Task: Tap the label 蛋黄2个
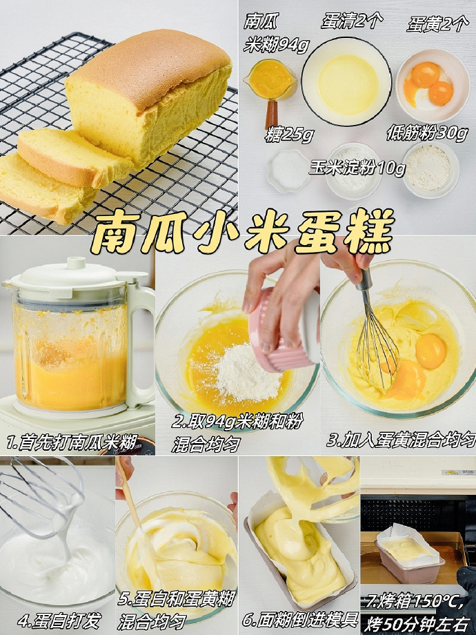point(437,24)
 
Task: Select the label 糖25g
point(289,135)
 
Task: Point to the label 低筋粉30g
point(428,133)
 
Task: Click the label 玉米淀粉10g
point(358,168)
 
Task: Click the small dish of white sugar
point(288,170)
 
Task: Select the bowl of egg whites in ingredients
point(346,81)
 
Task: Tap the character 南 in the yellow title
point(116,232)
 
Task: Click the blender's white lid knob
point(76,262)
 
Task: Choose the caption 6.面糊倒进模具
point(300,619)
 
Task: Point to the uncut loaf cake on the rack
point(148,95)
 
